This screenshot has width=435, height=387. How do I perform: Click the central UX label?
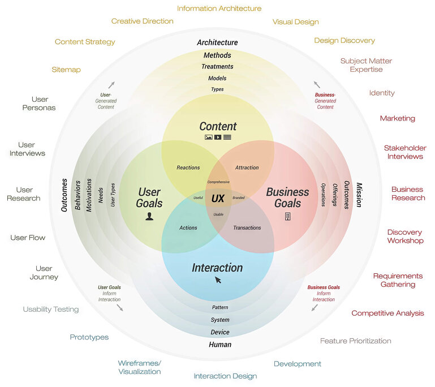(x=218, y=199)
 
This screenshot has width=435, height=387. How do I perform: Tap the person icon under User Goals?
(x=149, y=217)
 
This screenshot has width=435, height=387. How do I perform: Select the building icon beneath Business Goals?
(x=287, y=217)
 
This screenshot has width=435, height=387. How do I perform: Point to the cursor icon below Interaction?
(x=218, y=279)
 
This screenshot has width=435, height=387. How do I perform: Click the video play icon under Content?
(x=218, y=137)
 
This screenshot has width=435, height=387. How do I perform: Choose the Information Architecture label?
(x=219, y=8)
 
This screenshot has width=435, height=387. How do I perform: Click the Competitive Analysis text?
(x=387, y=313)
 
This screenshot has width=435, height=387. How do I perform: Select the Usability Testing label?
(x=51, y=309)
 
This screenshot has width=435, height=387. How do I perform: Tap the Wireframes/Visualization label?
(x=140, y=367)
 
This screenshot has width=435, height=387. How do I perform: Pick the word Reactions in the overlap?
(x=188, y=167)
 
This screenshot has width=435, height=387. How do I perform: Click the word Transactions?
(x=247, y=228)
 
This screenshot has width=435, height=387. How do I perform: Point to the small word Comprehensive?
(x=218, y=182)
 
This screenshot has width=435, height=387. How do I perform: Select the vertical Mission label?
(x=359, y=195)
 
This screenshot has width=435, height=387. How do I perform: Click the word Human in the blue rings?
(x=220, y=345)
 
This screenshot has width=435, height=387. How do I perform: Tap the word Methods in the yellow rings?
(x=217, y=55)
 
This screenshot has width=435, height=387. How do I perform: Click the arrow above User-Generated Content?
(x=111, y=84)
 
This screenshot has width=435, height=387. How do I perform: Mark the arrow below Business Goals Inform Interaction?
(x=315, y=308)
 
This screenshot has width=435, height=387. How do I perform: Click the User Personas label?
(x=40, y=104)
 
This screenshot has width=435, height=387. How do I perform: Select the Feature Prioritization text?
(x=355, y=341)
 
